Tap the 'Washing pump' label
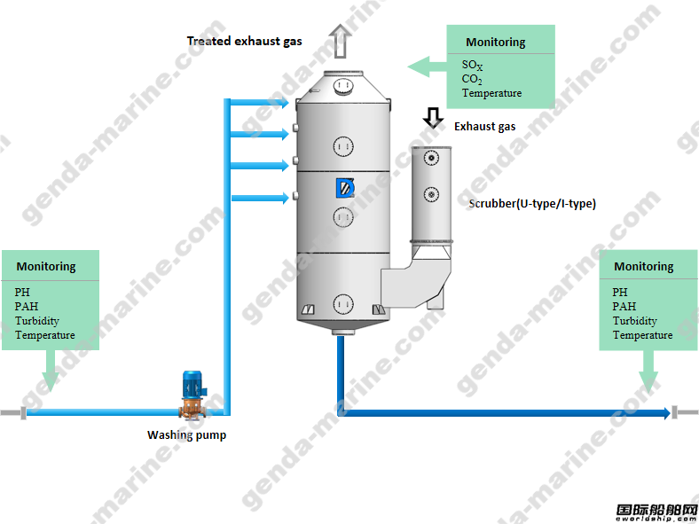click(186, 435)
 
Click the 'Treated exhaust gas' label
click(244, 41)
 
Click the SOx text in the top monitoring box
click(475, 66)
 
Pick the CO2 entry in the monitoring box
click(472, 80)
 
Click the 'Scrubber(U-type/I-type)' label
click(532, 204)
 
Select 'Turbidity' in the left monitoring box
click(37, 321)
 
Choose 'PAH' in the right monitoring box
click(624, 307)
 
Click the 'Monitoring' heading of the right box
click(644, 267)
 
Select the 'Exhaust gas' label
click(484, 127)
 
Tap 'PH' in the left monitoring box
click(22, 292)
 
